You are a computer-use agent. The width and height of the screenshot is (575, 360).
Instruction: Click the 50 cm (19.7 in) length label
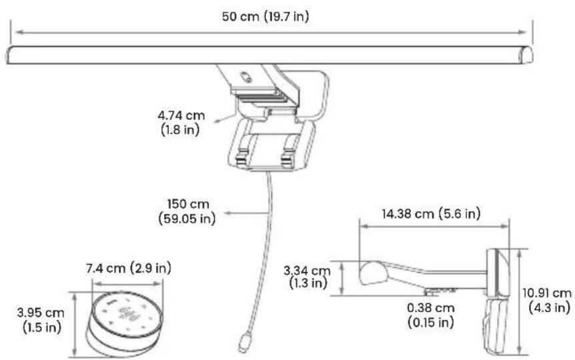pyautogui.click(x=265, y=17)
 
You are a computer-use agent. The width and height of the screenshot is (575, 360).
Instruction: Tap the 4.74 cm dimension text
pyautogui.click(x=181, y=115)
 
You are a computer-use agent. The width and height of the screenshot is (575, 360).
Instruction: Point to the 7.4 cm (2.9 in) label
pyautogui.click(x=129, y=268)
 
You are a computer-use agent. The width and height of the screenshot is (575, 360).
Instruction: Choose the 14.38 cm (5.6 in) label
pyautogui.click(x=431, y=213)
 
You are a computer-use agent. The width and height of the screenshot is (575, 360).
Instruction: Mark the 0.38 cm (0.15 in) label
pyautogui.click(x=431, y=315)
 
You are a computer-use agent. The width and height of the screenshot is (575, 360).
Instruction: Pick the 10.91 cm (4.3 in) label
pyautogui.click(x=547, y=300)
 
